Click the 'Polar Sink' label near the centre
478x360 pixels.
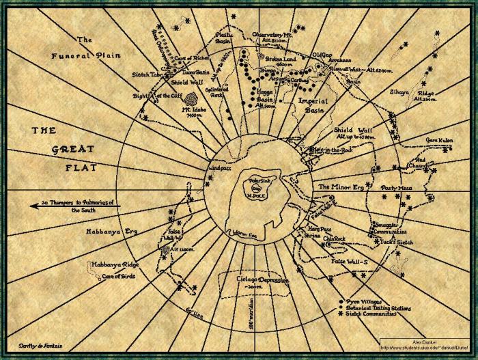[x=255, y=178]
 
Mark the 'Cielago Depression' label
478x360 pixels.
[x=255, y=280]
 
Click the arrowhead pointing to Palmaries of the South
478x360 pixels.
[x=33, y=204]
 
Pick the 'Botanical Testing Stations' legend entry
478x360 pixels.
[x=380, y=308]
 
